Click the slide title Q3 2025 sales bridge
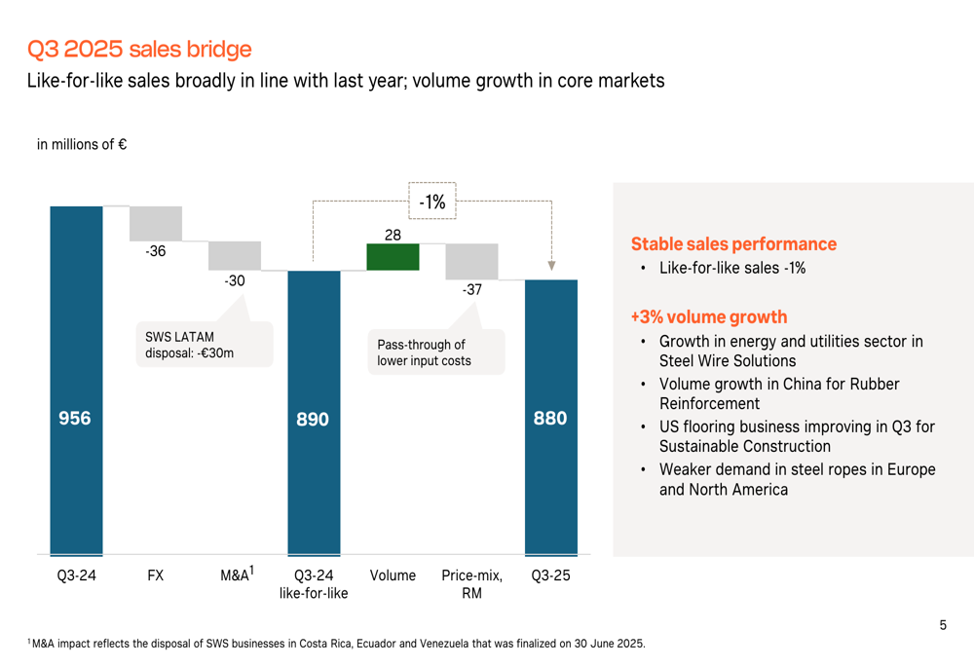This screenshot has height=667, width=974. coord(139,49)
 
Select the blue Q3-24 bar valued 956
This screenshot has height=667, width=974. coord(76,380)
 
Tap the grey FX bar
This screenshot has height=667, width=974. coord(156,223)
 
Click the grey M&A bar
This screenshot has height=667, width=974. coord(235,255)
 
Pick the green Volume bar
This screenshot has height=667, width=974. coord(393,257)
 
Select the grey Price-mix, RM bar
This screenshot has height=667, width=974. coord(471,261)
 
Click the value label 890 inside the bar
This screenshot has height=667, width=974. coord(314,420)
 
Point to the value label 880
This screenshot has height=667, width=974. coord(550,419)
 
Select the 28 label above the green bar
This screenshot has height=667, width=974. coord(393,234)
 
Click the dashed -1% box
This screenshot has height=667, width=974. coord(432,202)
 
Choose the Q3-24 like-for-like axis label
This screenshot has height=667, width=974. coord(314,584)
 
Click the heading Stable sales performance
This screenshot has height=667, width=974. coord(733,244)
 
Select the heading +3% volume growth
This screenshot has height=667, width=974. coord(709,317)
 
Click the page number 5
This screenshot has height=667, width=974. coord(942,626)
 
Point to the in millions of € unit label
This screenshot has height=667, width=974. coord(82,145)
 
